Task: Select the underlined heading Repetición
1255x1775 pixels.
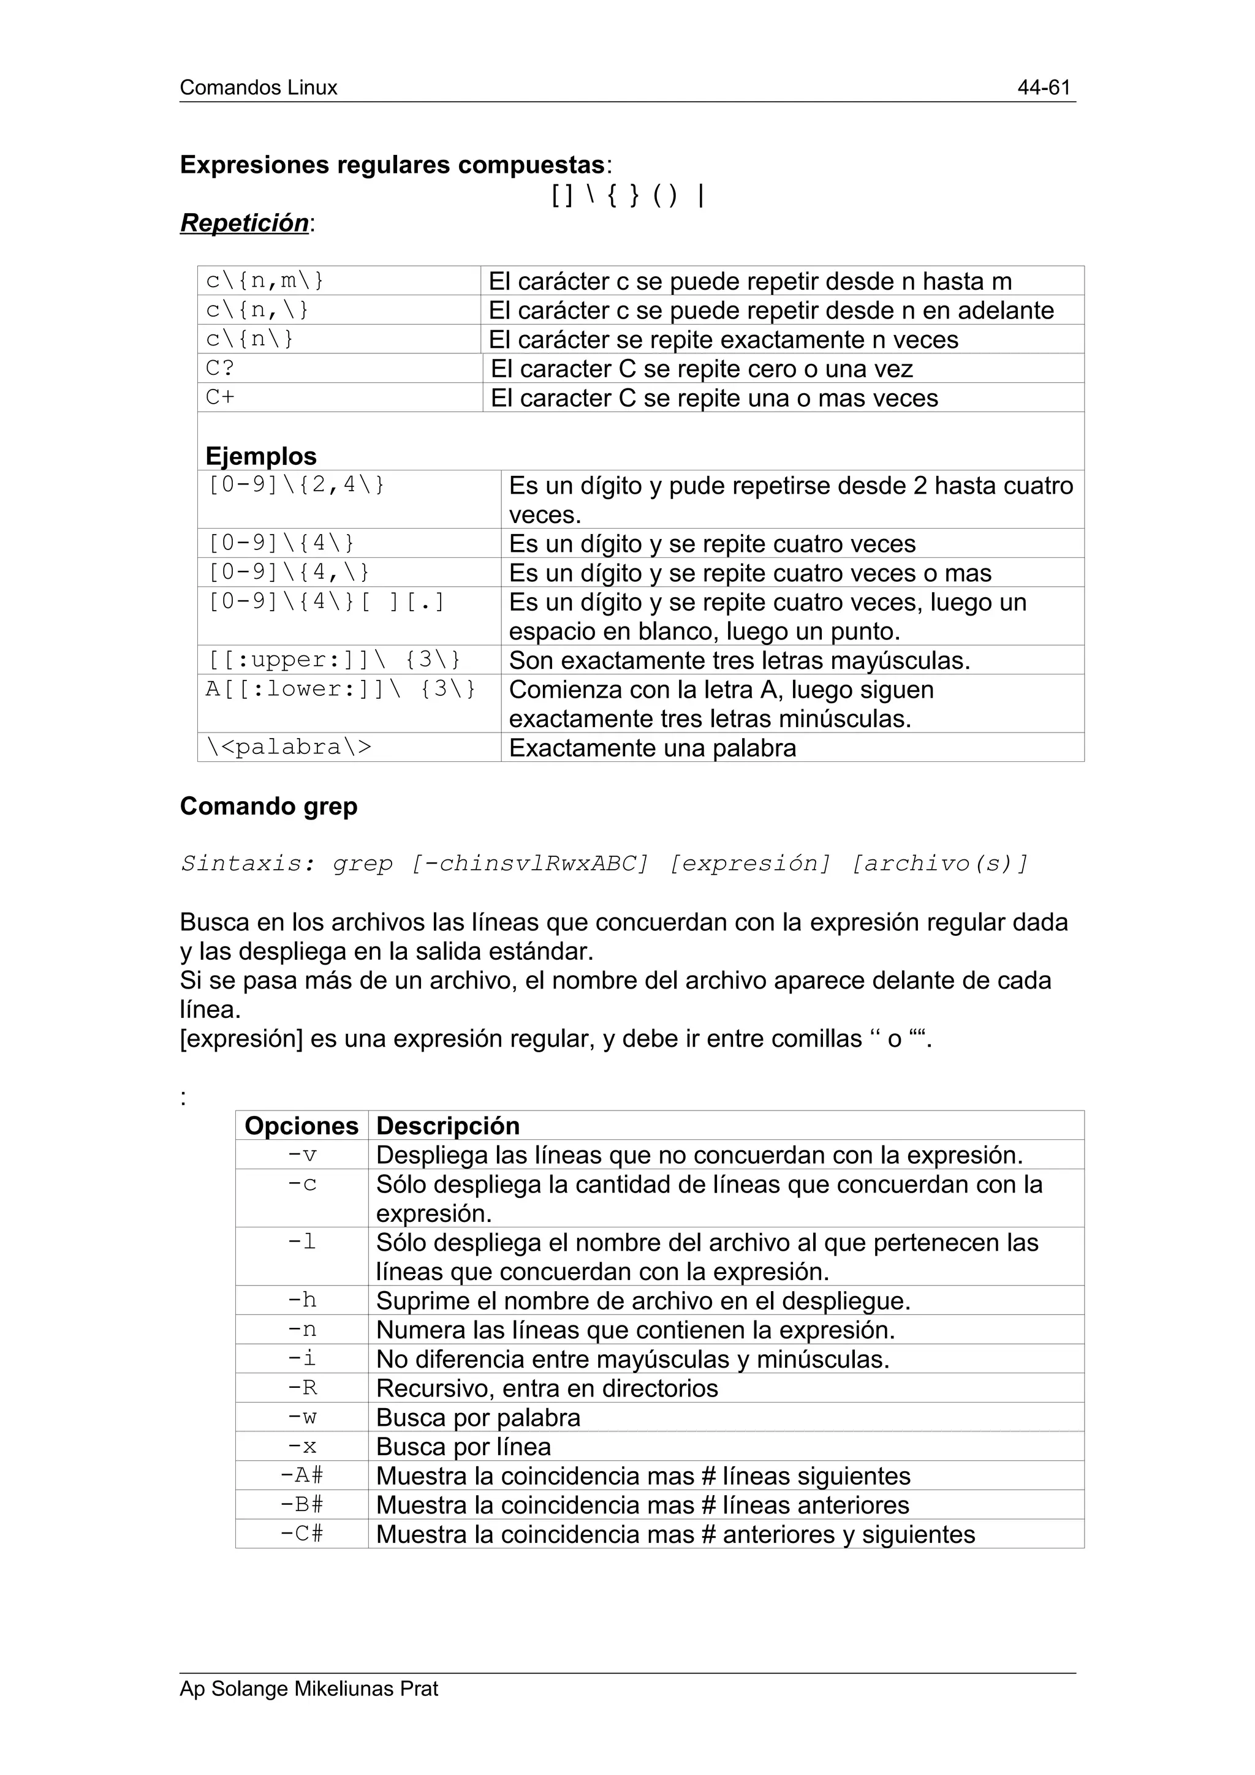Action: pos(245,223)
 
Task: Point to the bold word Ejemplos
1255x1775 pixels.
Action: pos(260,456)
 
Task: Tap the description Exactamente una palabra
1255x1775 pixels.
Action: pos(652,748)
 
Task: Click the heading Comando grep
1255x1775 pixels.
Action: pos(268,806)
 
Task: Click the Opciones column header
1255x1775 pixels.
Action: pos(301,1126)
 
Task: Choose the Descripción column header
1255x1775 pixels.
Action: pos(448,1126)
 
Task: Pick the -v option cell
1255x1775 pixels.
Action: pos(301,1155)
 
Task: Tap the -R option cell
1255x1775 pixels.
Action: pos(301,1389)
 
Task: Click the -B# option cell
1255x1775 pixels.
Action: pos(301,1505)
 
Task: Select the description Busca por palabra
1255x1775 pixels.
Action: pos(478,1418)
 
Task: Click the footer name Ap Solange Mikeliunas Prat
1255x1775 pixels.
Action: pos(308,1689)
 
